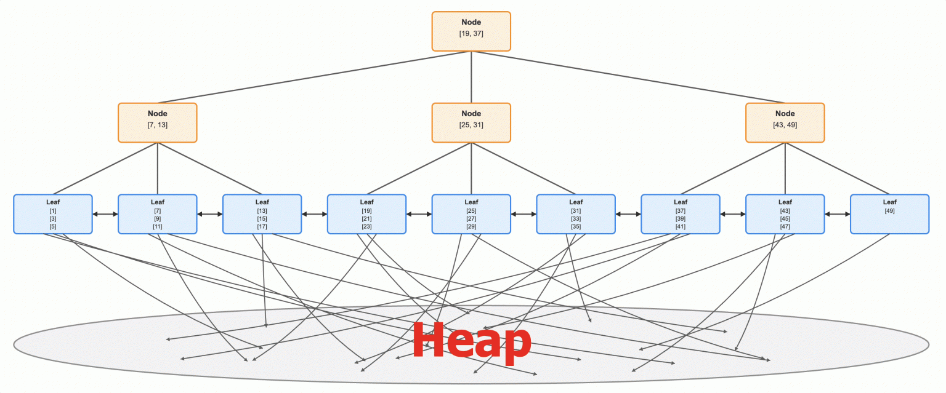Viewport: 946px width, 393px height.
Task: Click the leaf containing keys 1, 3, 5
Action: click(53, 214)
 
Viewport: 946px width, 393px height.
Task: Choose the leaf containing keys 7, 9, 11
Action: click(158, 214)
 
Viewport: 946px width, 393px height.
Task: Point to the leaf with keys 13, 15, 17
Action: click(262, 214)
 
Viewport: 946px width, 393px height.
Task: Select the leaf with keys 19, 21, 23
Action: click(366, 214)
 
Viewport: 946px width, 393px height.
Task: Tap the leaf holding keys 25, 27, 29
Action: click(471, 214)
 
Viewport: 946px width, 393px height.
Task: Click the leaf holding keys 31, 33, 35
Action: click(576, 214)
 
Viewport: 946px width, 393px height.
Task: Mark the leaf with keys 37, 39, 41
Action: click(681, 214)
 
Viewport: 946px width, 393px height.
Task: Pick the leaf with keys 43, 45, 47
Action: click(785, 214)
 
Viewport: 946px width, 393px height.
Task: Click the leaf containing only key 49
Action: click(890, 214)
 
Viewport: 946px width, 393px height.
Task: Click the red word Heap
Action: click(471, 340)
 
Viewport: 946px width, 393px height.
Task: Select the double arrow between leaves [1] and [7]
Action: click(105, 214)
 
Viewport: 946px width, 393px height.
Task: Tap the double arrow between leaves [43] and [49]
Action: click(838, 214)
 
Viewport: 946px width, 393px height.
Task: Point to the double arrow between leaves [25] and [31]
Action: click(524, 214)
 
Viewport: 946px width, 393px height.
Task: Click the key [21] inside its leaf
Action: click(366, 219)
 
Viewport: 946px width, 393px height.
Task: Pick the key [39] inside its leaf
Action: click(681, 219)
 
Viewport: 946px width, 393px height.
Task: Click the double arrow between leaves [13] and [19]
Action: click(315, 214)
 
